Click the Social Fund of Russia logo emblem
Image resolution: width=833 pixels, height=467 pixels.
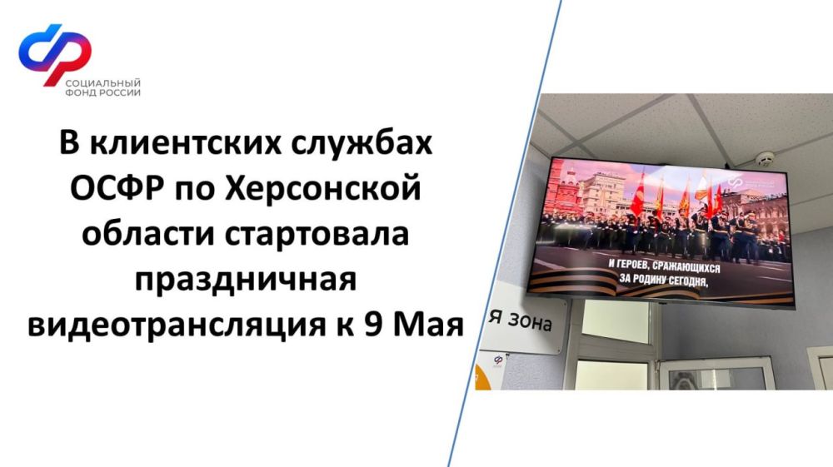pyautogui.click(x=54, y=53)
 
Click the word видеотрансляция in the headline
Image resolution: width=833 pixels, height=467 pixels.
pyautogui.click(x=170, y=325)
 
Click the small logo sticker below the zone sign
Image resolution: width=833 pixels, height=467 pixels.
pyautogui.click(x=498, y=360)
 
